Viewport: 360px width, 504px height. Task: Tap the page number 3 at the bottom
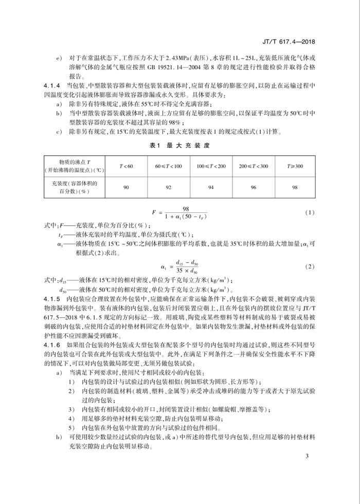(307, 457)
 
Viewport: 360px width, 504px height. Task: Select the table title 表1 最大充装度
(180, 145)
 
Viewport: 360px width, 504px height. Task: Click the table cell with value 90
(126, 187)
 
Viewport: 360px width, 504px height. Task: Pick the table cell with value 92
(168, 187)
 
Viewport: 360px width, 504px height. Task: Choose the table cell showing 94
(211, 187)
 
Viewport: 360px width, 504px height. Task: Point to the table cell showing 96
(254, 187)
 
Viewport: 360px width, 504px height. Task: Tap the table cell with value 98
(295, 187)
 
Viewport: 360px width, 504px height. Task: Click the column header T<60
(126, 166)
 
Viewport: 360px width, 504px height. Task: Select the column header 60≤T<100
(168, 166)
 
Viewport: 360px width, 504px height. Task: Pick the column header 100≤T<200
(211, 166)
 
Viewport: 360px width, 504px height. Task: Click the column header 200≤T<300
(254, 166)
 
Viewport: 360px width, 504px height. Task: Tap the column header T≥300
(295, 166)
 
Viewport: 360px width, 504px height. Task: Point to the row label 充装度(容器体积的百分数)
(75, 187)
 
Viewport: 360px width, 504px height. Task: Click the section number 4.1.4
(53, 84)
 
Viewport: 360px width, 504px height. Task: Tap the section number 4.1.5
(53, 298)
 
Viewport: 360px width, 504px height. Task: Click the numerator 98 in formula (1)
(179, 207)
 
